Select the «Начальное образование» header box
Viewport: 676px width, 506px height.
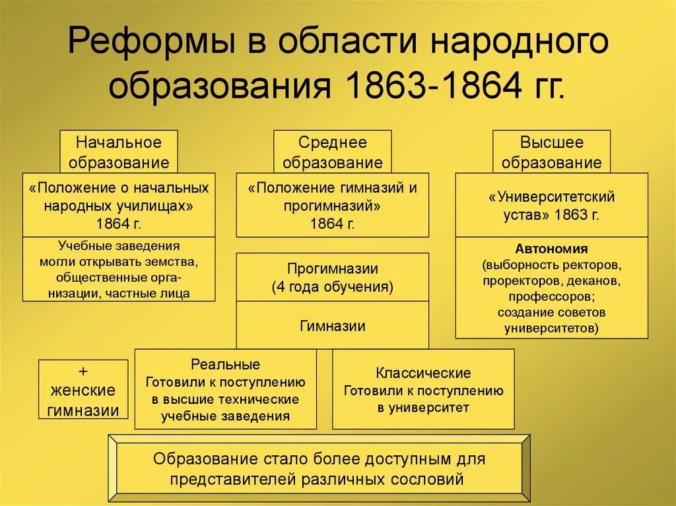click(119, 152)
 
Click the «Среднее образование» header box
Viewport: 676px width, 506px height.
click(332, 152)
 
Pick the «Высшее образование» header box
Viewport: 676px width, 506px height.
click(551, 152)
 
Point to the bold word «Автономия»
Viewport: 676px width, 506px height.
click(551, 249)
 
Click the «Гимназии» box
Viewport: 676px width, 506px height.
click(332, 325)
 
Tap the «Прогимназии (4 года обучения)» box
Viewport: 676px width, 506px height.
click(332, 278)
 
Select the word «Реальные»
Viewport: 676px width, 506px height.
click(225, 365)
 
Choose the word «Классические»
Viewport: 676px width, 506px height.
click(423, 373)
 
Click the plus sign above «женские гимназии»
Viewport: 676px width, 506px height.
click(83, 370)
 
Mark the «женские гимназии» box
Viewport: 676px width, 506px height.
click(83, 400)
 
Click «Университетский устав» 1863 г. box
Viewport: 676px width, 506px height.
click(551, 205)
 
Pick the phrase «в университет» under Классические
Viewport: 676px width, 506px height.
click(423, 408)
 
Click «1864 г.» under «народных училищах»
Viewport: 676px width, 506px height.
click(119, 223)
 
